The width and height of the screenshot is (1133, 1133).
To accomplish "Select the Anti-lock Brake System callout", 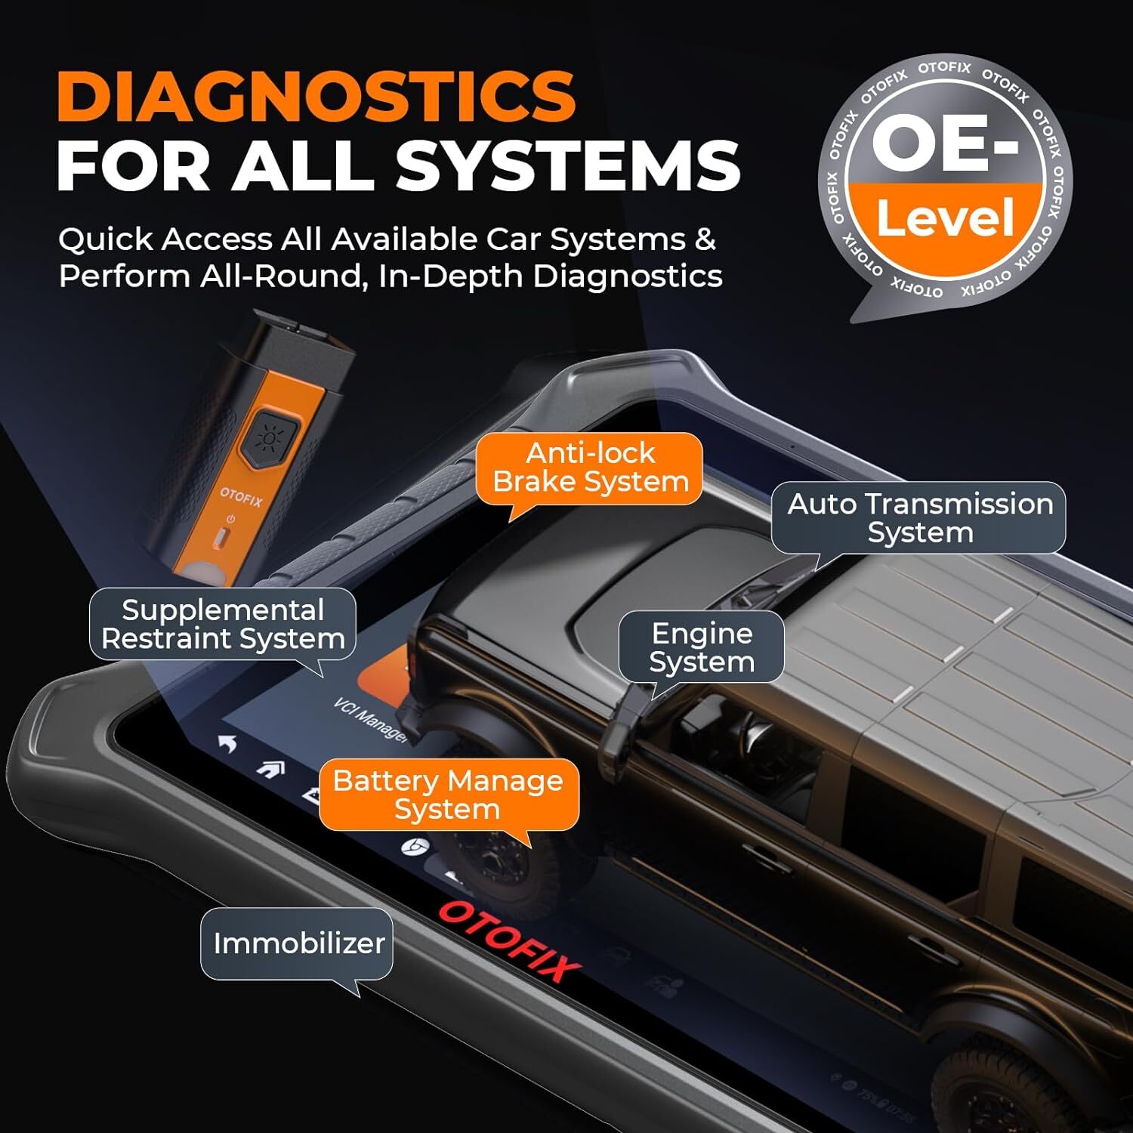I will pos(590,468).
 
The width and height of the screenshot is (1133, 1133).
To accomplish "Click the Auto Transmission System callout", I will pos(919,517).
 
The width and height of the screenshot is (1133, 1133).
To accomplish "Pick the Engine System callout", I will pos(701,647).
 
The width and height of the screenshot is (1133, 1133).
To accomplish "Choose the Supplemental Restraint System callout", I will pos(223,624).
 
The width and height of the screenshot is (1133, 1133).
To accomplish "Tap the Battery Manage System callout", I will pos(448,795).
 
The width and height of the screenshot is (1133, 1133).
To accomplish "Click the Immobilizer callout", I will pos(298,943).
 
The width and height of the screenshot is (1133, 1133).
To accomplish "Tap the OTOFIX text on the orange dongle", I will pos(241,497).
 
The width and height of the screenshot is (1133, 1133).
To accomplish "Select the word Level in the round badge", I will pos(945,218).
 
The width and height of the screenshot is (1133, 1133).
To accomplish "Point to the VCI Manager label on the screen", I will pos(370,720).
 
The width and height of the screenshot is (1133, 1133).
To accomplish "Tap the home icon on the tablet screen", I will pos(270,769).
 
